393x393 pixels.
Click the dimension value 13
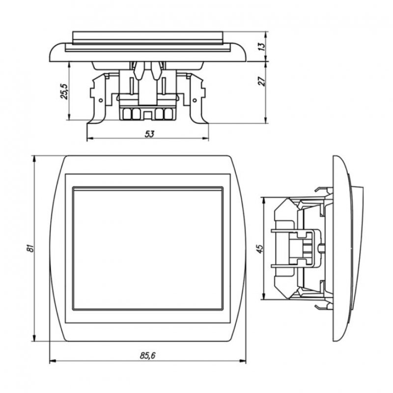point(261,47)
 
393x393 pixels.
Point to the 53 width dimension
point(149,134)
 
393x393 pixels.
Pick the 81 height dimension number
point(30,248)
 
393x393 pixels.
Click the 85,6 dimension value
point(148,355)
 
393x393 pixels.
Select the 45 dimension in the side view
point(261,249)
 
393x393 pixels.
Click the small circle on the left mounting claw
point(101,100)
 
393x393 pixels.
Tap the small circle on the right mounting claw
point(195,100)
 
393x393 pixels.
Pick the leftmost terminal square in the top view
point(127,114)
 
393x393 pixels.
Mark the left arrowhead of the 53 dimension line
point(90,139)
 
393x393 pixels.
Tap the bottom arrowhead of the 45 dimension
point(263,296)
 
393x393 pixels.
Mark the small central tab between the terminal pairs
point(147,115)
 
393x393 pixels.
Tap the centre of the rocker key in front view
point(148,249)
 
